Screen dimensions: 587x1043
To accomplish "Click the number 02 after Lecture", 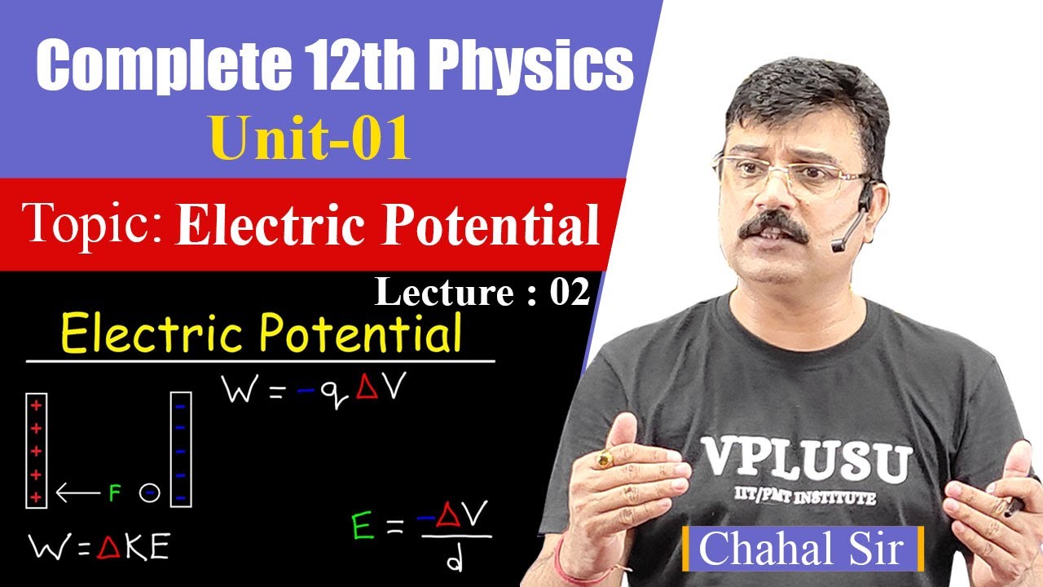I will click(569, 293).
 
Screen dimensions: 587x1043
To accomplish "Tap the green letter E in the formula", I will click(363, 527).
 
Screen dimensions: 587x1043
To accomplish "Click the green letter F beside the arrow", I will click(114, 493).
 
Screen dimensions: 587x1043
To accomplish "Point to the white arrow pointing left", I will click(77, 492).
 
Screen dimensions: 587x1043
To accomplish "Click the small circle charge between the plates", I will click(148, 493).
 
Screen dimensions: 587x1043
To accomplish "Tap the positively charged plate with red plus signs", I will click(37, 450).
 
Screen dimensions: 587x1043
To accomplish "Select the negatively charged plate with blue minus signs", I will click(180, 450).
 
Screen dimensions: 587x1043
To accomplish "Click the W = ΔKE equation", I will click(98, 548).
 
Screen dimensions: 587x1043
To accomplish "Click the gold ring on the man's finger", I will click(604, 460).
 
